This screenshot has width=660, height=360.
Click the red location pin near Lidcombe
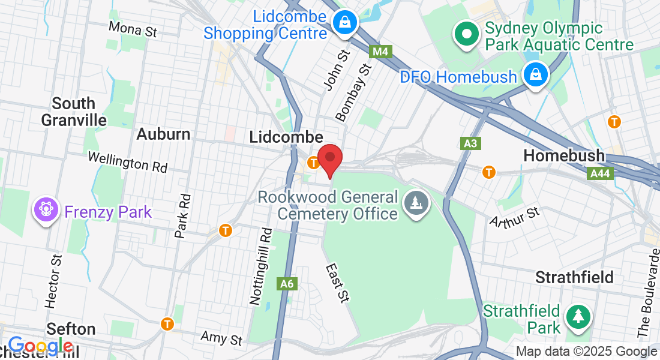pyautogui.click(x=330, y=158)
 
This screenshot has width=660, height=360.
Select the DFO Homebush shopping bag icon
pyautogui.click(x=535, y=76)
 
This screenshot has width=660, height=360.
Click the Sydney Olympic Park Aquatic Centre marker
pyautogui.click(x=466, y=34)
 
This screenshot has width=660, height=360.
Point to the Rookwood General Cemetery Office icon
pyautogui.click(x=415, y=203)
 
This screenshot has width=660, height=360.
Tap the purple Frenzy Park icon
pyautogui.click(x=46, y=211)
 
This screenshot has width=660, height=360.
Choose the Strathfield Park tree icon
pyautogui.click(x=578, y=317)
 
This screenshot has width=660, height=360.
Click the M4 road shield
pyautogui.click(x=380, y=52)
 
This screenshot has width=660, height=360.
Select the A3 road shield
pyautogui.click(x=470, y=143)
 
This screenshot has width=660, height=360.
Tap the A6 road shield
pyautogui.click(x=287, y=284)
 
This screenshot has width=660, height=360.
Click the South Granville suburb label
pyautogui.click(x=74, y=112)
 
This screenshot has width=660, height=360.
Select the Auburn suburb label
pyautogui.click(x=163, y=134)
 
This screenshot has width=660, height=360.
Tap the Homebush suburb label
pyautogui.click(x=564, y=155)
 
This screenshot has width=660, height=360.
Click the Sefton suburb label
pyautogui.click(x=71, y=329)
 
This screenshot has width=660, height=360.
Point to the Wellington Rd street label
pyautogui.click(x=127, y=161)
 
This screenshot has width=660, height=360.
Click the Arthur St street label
pyautogui.click(x=515, y=217)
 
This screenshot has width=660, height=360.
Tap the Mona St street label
pyautogui.click(x=133, y=29)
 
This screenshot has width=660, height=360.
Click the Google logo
pyautogui.click(x=41, y=346)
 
